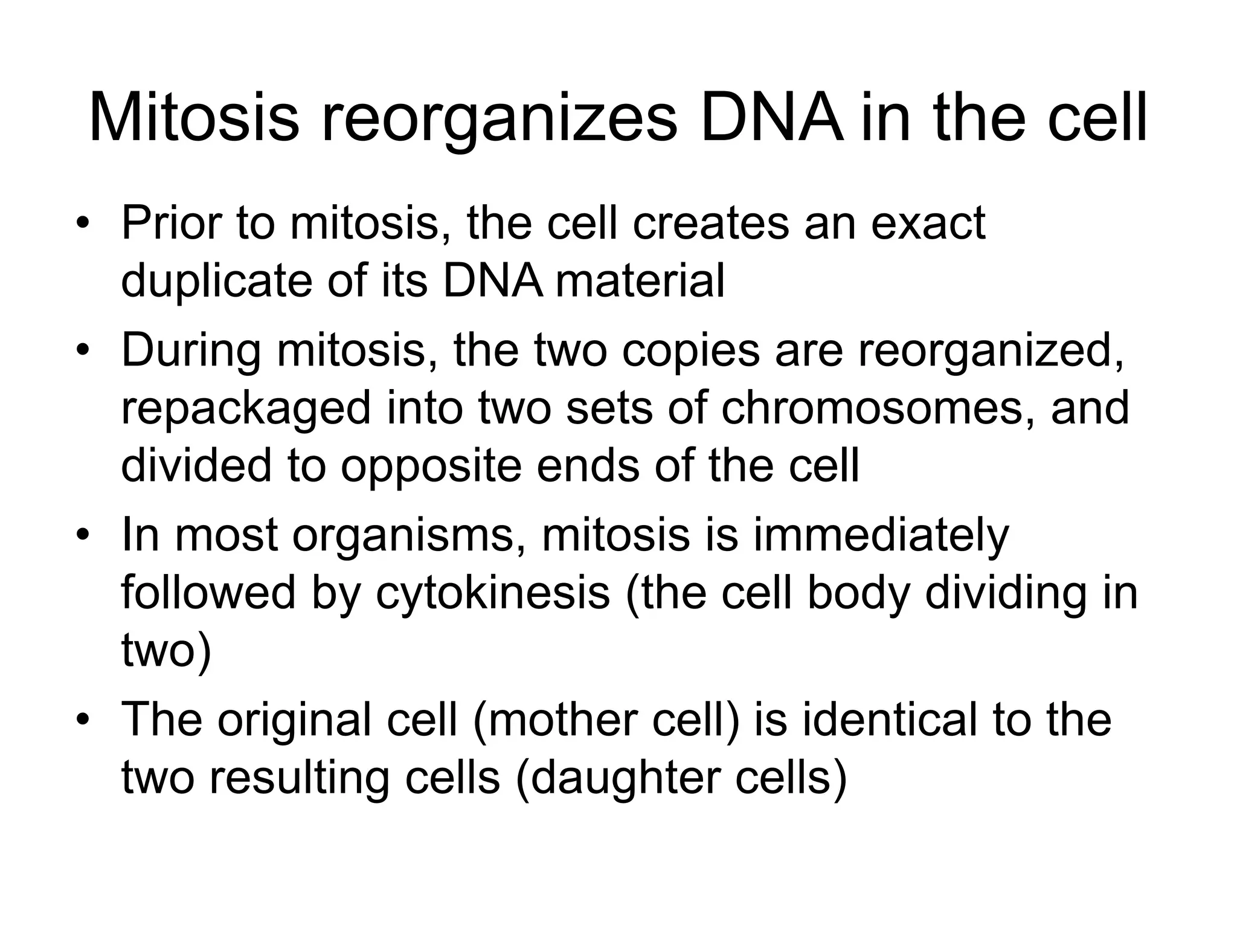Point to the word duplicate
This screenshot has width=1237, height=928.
(x=218, y=282)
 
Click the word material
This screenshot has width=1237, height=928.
(x=640, y=281)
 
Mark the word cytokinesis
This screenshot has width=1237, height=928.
(x=493, y=594)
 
